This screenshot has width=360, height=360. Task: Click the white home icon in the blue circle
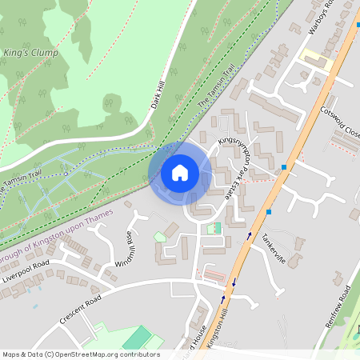click(x=180, y=172)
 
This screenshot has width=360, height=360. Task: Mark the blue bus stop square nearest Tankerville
click(x=270, y=212)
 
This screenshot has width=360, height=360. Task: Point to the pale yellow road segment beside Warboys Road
click(x=315, y=58)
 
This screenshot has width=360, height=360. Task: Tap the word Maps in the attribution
click(x=11, y=354)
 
